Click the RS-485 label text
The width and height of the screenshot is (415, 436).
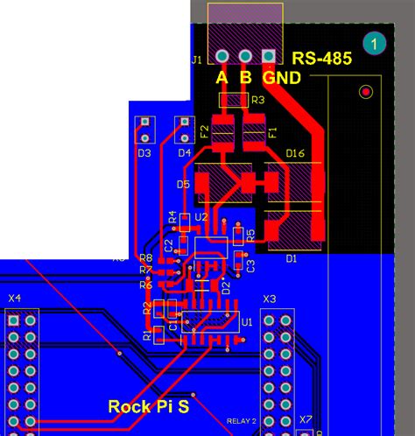click(321, 59)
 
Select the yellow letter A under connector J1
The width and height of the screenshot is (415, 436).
click(222, 78)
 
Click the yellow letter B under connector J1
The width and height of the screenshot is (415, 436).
click(246, 78)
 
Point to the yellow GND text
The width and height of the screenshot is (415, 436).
click(281, 78)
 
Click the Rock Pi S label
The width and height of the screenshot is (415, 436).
click(148, 406)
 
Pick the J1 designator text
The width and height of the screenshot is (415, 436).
click(196, 60)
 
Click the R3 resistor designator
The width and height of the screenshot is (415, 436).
click(257, 101)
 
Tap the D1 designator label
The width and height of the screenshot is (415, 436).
click(292, 258)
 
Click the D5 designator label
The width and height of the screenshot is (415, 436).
click(183, 185)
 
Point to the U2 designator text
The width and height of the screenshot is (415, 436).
click(200, 216)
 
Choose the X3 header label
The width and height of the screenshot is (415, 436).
click(269, 299)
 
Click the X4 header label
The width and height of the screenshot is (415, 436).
click(15, 299)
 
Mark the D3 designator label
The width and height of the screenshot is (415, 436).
click(144, 153)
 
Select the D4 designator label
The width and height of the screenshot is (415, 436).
click(184, 153)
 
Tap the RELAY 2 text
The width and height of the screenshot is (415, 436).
click(242, 421)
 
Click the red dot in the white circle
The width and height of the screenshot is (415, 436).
click(366, 91)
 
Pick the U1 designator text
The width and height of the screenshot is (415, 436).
click(246, 322)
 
